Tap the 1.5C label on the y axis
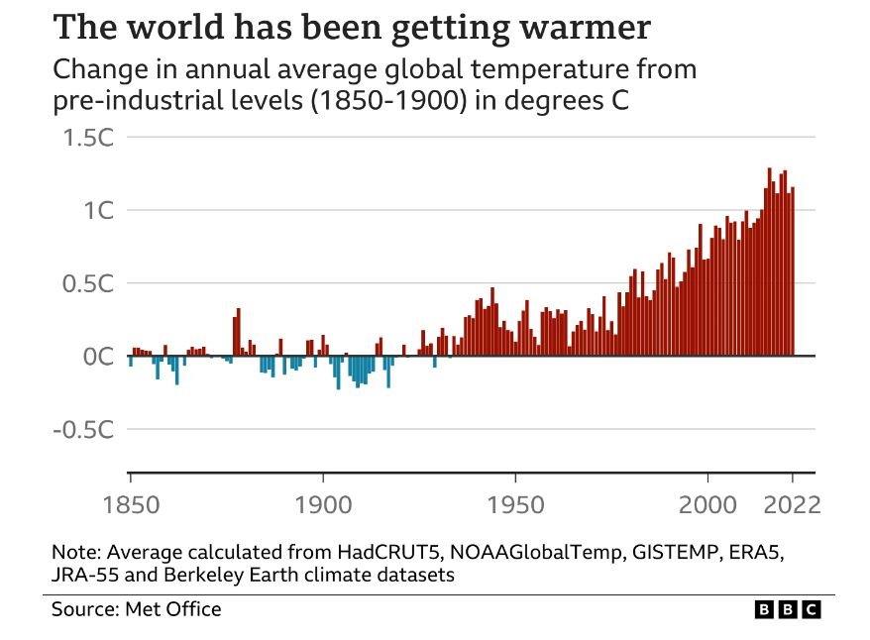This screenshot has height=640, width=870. tap(87, 138)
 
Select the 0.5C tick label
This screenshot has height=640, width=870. tap(87, 283)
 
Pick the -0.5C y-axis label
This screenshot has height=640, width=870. tap(83, 429)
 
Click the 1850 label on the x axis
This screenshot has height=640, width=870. tap(130, 505)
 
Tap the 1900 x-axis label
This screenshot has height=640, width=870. tap(322, 505)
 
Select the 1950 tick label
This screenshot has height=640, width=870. tap(515, 505)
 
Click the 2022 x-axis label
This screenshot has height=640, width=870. tap(793, 505)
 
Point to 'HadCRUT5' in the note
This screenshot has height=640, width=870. tap(337, 552)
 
